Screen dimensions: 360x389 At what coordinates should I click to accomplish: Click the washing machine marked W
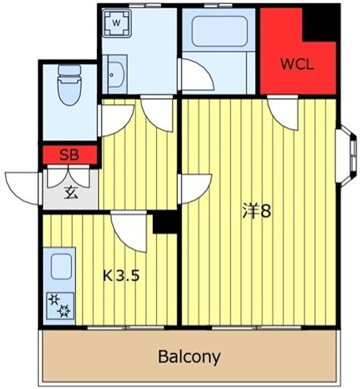point(117,23)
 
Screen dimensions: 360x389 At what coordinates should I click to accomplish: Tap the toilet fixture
point(70,85)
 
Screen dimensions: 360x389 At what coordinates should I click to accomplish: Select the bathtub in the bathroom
point(220,31)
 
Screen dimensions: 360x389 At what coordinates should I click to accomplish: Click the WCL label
point(297,64)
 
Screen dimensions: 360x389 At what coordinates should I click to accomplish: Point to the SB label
point(69,155)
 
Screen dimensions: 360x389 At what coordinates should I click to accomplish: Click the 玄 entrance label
point(71,193)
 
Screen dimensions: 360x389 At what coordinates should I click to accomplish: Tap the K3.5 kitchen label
point(121,275)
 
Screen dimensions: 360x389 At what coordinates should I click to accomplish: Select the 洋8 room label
point(256,211)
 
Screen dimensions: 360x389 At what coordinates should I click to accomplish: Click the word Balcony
point(189,357)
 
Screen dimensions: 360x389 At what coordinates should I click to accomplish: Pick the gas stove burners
point(60,305)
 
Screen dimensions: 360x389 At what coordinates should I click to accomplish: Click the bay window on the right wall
point(347,155)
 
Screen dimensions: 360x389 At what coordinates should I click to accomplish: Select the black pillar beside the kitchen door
point(165,222)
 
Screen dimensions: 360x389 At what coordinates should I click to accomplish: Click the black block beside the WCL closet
point(320,24)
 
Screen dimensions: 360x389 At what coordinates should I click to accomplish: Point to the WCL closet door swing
point(283,113)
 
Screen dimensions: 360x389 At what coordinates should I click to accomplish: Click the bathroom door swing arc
point(198,74)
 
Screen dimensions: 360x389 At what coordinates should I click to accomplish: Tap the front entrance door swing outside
point(22,188)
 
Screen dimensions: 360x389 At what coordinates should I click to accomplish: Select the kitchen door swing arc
point(128,232)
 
